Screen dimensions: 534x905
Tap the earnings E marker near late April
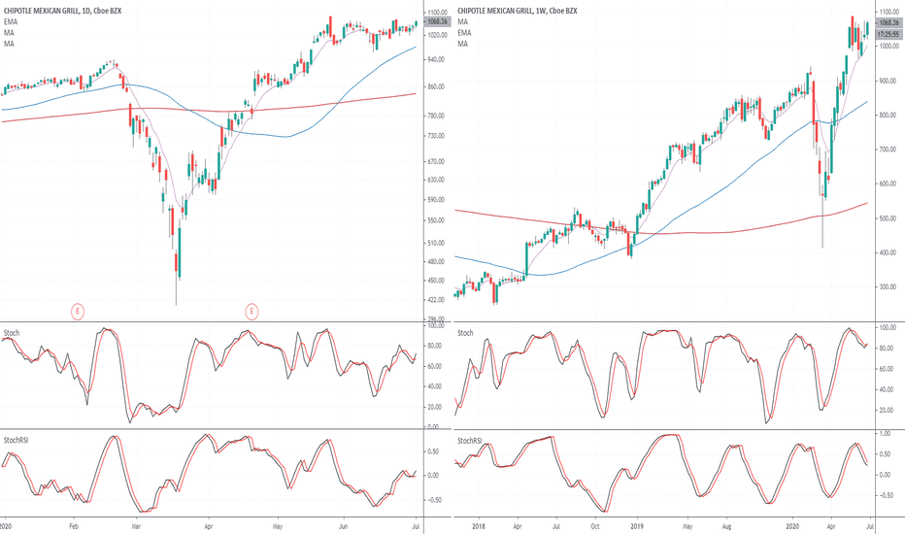251,311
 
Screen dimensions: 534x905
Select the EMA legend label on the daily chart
10,21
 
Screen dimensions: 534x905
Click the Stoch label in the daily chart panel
12,332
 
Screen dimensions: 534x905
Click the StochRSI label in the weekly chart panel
469,440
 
